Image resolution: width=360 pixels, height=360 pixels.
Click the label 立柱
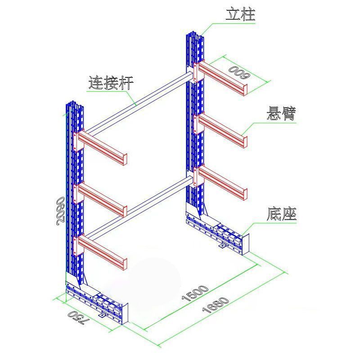coord(240,15)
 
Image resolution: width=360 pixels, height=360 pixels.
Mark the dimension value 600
coord(239,72)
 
